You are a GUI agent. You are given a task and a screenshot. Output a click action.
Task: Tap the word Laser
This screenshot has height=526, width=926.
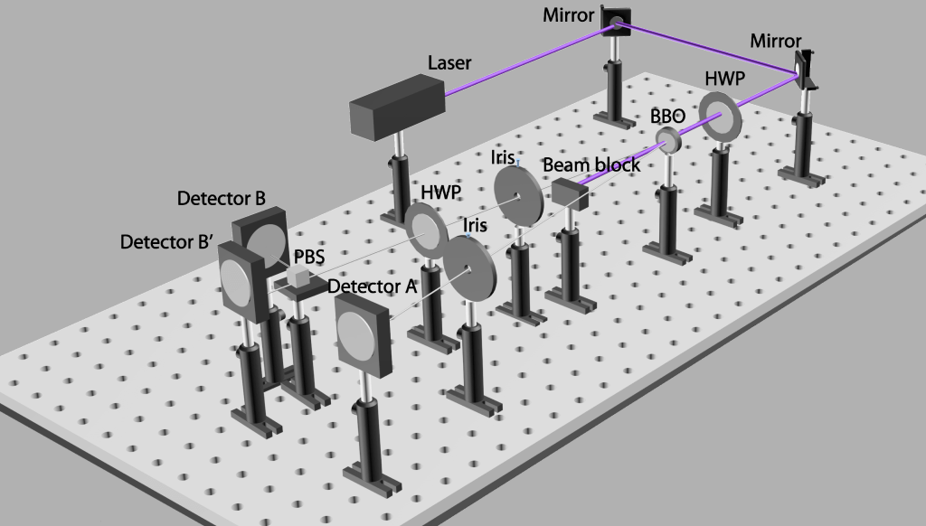(x=449, y=63)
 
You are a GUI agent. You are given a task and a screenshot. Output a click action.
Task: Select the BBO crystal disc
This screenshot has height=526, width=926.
(x=667, y=139)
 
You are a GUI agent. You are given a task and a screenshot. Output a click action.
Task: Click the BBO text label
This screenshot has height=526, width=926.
(x=667, y=117)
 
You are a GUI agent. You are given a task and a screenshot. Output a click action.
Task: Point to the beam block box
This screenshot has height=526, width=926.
(x=570, y=193)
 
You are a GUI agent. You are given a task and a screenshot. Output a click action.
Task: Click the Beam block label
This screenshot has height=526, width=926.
(x=591, y=164)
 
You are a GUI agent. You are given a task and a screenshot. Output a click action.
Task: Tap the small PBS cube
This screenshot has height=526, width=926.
(x=297, y=277)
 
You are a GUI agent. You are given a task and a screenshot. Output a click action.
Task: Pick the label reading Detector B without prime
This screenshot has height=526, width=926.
(x=221, y=197)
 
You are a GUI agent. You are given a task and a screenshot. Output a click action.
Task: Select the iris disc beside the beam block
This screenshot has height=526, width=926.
(x=518, y=193)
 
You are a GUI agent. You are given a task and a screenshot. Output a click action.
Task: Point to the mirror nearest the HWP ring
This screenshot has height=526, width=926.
(x=804, y=70)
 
